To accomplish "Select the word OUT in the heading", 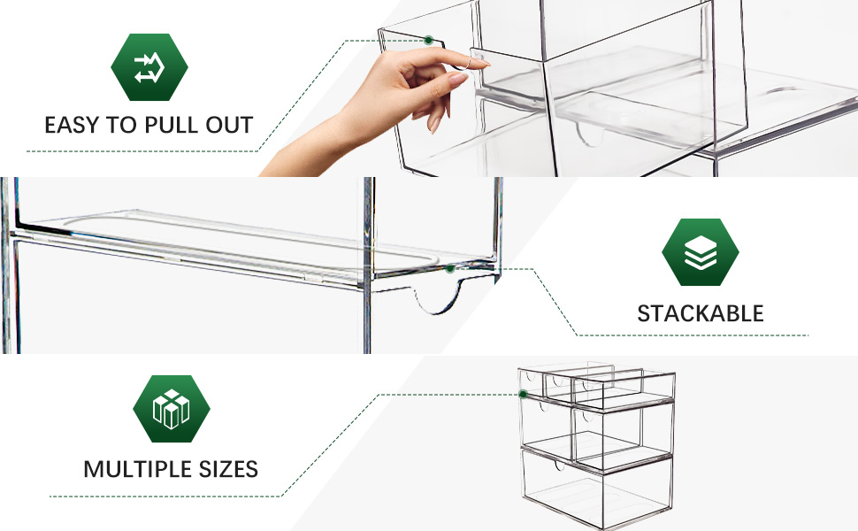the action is (229, 126).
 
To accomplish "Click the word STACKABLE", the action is (701, 313).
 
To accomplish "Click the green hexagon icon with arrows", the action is (149, 66).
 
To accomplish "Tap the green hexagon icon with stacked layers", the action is (701, 252).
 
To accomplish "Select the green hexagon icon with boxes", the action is (172, 409).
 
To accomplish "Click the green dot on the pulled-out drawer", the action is (429, 40).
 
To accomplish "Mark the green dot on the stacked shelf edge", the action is (450, 269).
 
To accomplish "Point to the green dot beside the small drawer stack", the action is (523, 394).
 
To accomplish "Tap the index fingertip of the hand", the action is (485, 64).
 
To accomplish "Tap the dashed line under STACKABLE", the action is (693, 335).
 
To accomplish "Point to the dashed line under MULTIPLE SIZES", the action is (165, 496).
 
